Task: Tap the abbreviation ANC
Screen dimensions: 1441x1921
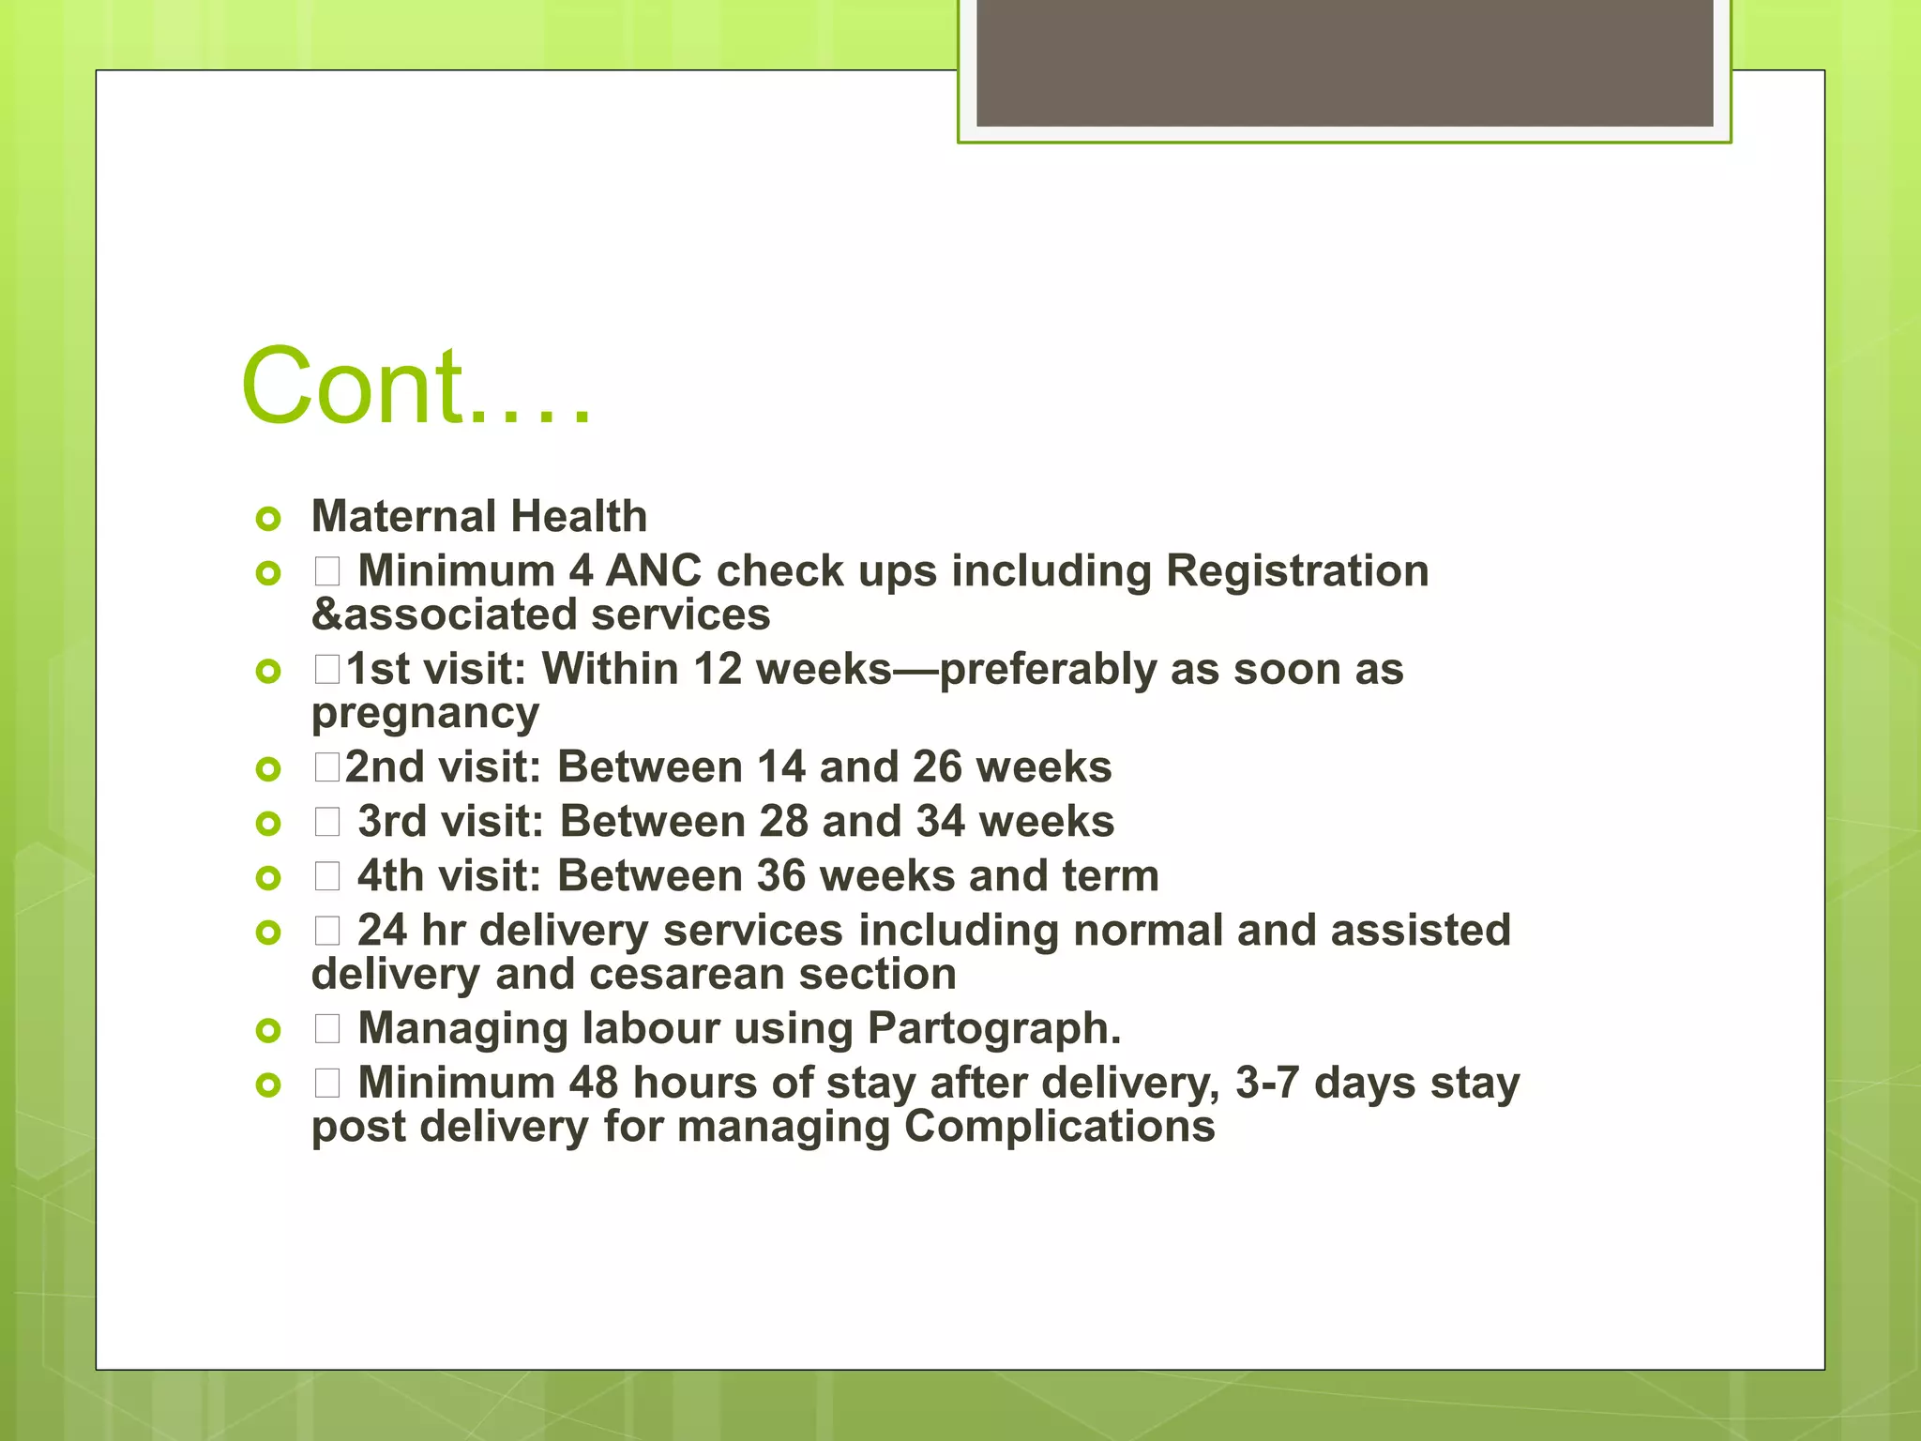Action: coord(654,571)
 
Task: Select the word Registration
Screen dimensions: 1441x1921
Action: coord(1297,571)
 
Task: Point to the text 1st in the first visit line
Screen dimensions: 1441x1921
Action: coord(378,670)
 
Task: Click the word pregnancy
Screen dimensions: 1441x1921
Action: coord(425,714)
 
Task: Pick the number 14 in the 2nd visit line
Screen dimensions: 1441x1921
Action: coord(781,767)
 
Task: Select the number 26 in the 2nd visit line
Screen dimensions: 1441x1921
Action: coord(937,767)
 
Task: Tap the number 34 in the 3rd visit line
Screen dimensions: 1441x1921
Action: coord(940,822)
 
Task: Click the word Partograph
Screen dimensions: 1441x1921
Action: coord(994,1029)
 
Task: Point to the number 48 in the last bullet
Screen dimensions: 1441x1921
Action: coord(593,1084)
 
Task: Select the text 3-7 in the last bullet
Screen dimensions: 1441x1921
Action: coord(1266,1084)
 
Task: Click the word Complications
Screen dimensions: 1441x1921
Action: coord(1059,1127)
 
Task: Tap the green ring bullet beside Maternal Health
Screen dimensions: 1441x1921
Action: coord(268,519)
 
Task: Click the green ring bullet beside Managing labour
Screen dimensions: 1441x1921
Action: coord(268,1031)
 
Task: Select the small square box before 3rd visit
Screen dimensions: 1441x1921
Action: coord(327,823)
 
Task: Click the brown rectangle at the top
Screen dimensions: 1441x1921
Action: coord(1344,62)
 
